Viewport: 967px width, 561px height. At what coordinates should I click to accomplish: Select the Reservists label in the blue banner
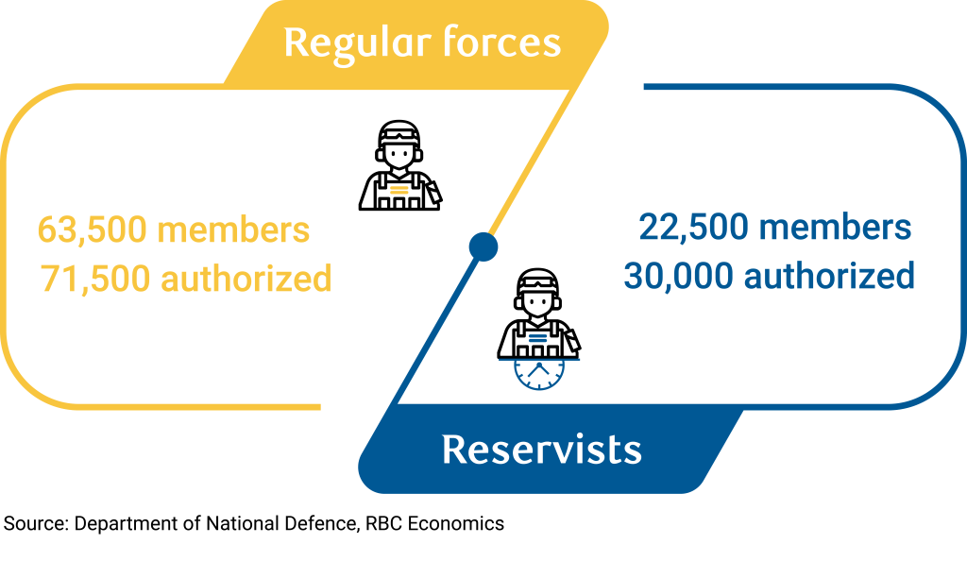541,450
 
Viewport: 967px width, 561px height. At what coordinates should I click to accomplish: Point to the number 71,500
93,279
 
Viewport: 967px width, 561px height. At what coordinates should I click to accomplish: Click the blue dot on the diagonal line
483,246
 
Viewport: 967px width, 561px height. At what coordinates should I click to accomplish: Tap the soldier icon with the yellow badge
399,167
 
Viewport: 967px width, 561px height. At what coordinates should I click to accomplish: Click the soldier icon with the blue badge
539,314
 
